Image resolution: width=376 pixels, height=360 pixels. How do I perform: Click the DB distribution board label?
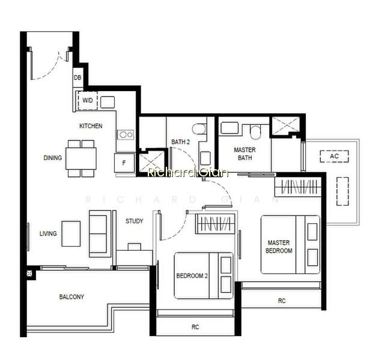coord(77,77)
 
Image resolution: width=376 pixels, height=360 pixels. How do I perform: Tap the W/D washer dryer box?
coord(88,100)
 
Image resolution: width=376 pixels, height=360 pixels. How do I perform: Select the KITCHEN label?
coord(91,126)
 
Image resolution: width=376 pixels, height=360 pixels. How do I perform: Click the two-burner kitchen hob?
coord(126,134)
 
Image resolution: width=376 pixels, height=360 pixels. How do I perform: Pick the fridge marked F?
coord(124,163)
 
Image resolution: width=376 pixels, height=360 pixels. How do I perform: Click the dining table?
coord(81,158)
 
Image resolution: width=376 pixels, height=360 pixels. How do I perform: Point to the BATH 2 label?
coord(181,142)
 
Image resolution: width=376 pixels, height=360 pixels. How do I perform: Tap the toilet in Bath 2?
coord(199,129)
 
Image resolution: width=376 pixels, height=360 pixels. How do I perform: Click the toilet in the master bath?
coord(255,132)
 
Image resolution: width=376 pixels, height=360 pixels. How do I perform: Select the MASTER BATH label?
coord(245,154)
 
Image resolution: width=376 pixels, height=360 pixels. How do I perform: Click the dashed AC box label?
coord(335,156)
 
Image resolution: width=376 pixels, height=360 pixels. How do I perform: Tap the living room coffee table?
coord(71,234)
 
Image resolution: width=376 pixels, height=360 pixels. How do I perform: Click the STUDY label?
coord(135,221)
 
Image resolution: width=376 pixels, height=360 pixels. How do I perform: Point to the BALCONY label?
coord(71,297)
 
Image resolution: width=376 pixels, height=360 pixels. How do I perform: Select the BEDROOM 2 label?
coord(192,275)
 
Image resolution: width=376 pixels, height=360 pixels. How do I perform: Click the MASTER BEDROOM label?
coord(279,247)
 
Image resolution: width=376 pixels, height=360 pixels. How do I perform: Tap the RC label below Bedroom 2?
coord(195,327)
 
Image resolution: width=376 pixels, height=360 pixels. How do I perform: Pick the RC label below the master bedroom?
coord(282,301)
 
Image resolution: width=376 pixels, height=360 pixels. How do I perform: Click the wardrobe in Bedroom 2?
coord(215,224)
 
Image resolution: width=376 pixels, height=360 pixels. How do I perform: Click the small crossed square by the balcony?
coord(29,273)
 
